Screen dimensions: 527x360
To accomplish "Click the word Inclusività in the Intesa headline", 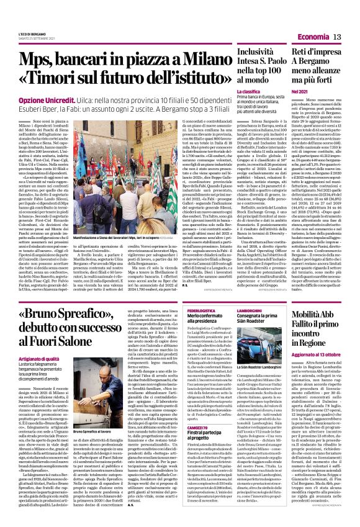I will point(252,54).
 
